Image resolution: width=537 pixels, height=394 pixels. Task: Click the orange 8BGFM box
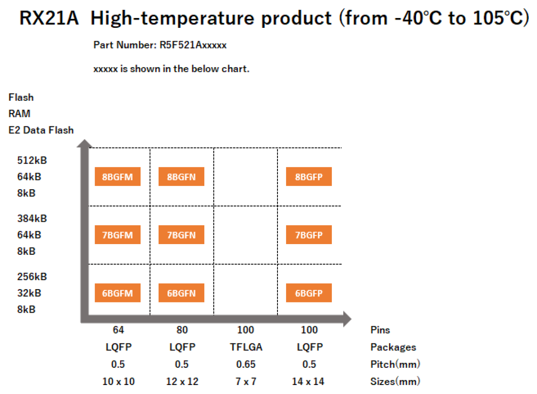118,177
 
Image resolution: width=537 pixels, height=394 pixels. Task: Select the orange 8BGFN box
181,177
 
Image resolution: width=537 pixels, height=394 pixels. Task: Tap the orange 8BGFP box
309,177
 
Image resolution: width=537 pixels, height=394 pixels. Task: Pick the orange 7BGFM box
118,235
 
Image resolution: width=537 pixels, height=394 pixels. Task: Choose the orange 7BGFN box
181,235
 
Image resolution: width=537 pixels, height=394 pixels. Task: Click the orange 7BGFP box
309,235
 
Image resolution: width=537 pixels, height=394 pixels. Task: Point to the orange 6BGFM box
118,293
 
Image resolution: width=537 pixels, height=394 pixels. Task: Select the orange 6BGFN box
181,293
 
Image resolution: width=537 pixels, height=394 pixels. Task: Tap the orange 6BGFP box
309,293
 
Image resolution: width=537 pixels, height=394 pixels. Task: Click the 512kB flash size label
32,161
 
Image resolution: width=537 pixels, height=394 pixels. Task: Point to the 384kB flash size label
32,218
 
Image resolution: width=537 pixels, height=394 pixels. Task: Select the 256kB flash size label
32,277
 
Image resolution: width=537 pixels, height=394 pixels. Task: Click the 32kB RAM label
29,293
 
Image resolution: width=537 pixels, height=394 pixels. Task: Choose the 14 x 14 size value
308,381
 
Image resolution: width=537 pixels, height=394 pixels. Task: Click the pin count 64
118,330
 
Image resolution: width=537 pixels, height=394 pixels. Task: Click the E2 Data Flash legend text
41,130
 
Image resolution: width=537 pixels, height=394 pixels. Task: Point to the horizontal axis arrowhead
347,319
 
